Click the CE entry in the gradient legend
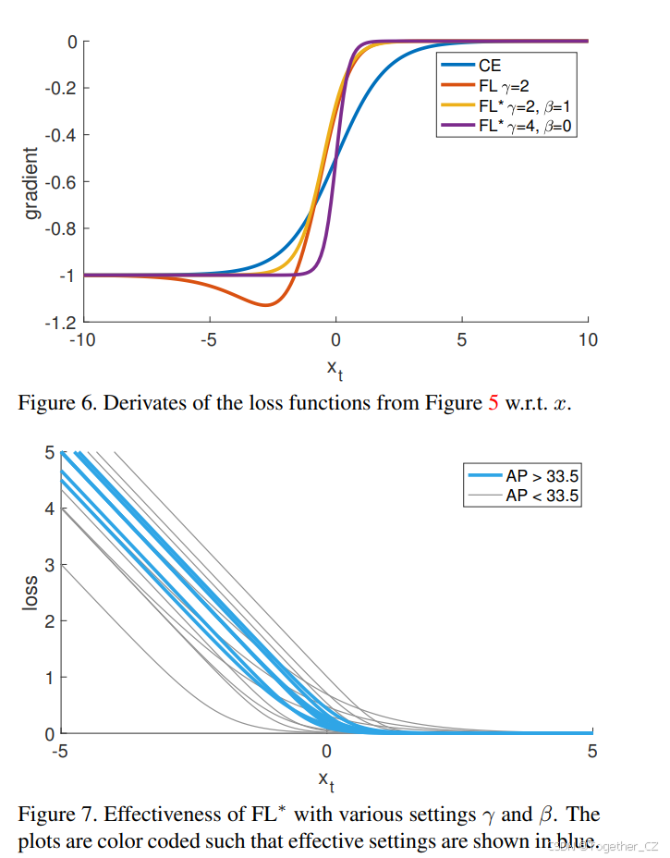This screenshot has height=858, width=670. point(490,67)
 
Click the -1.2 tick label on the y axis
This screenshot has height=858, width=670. point(65,323)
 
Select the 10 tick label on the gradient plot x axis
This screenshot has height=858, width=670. point(588,340)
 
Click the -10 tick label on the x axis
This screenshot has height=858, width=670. point(82,340)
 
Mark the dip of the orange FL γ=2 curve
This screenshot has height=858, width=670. point(266,304)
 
